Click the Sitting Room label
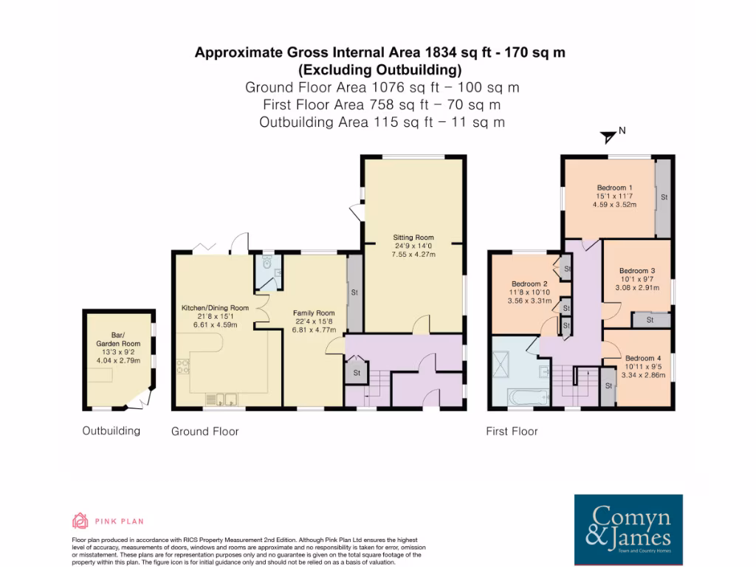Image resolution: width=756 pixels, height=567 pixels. click(x=413, y=238)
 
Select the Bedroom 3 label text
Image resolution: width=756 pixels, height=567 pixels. click(x=637, y=270)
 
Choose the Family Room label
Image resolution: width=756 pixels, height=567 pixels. click(x=314, y=312)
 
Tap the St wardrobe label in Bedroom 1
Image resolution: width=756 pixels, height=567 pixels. click(x=664, y=198)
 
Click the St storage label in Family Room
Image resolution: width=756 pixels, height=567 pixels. click(x=354, y=292)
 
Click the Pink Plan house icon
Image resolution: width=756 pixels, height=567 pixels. click(x=80, y=520)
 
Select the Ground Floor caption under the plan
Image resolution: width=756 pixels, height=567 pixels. click(x=205, y=431)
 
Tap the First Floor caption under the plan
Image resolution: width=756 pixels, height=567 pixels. click(x=512, y=431)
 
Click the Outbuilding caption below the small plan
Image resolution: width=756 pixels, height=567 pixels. click(x=111, y=430)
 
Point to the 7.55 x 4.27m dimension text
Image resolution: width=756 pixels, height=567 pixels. click(x=413, y=255)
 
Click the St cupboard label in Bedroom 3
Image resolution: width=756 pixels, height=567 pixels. click(x=650, y=320)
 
